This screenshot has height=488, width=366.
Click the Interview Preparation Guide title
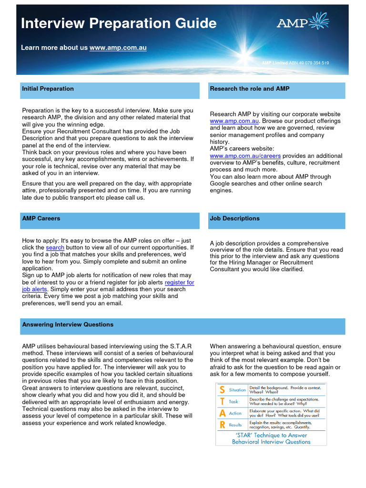(119, 23)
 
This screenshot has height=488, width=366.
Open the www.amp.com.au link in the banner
(124, 48)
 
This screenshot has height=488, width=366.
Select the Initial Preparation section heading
(48, 89)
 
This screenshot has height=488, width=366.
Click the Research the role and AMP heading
(249, 89)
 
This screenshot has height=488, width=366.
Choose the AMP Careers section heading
(41, 218)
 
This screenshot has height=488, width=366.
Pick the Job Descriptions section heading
(234, 218)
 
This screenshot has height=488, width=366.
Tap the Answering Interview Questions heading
(68, 325)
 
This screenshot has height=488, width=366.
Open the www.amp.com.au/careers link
(245, 156)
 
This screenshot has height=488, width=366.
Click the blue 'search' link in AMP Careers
(55, 248)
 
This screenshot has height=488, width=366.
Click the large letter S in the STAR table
(222, 390)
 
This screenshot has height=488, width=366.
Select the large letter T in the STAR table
(222, 402)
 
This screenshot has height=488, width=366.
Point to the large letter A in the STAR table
(222, 413)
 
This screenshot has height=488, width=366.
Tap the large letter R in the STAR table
(222, 425)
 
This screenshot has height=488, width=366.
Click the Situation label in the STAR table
(237, 390)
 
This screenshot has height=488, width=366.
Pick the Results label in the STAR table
(235, 425)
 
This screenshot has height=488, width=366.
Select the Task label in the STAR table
(233, 402)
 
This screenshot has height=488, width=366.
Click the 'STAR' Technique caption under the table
(271, 438)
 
